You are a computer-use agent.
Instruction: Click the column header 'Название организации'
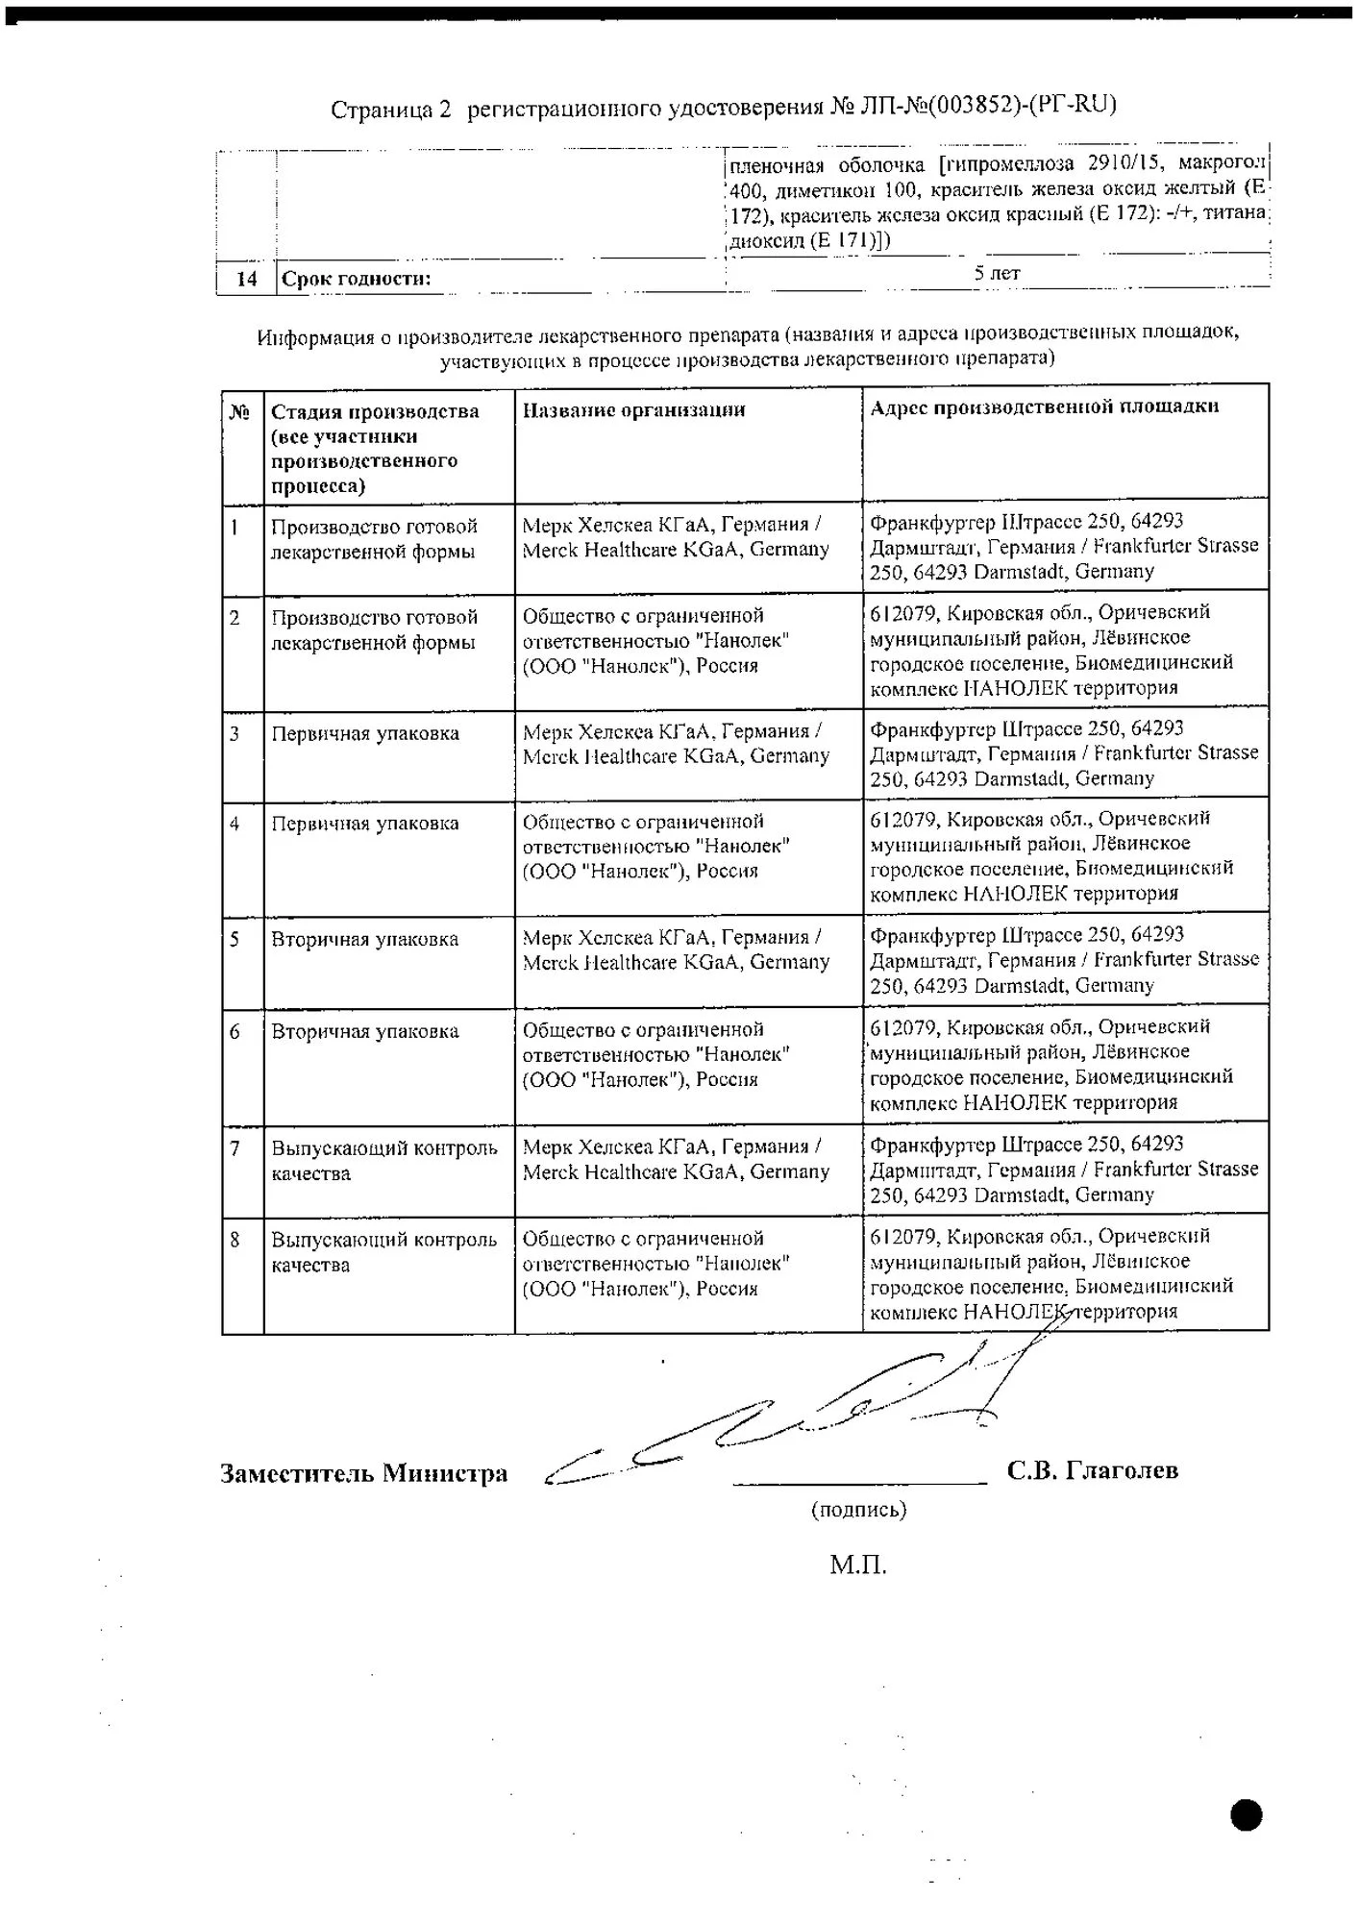633,410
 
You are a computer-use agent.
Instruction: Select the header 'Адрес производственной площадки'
1044,407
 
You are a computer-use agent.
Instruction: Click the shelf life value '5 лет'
997,273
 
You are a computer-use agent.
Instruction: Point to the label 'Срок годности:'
356,280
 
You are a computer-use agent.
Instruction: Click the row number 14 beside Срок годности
246,279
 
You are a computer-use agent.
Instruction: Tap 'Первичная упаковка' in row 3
365,734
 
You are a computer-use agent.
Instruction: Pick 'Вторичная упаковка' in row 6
365,1032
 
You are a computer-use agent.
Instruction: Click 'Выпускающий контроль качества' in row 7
384,1160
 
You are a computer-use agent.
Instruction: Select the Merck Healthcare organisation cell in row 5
676,949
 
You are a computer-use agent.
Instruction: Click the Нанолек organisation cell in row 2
656,640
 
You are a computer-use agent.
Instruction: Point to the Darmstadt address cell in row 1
1064,546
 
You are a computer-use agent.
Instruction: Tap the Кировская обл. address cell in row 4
1051,856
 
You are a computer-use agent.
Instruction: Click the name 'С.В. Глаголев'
1092,1470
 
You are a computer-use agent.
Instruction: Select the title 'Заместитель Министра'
363,1474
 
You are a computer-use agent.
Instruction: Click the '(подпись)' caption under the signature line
858,1510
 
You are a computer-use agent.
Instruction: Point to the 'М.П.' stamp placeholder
857,1565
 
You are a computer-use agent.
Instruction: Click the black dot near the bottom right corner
1247,1814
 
